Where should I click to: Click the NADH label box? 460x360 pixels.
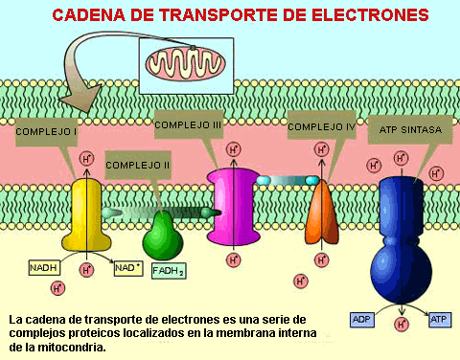click(44, 267)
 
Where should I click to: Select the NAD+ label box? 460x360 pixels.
click(128, 268)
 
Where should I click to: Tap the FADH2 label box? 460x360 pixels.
click(169, 271)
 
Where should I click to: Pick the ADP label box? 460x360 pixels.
click(362, 320)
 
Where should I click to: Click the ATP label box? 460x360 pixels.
click(440, 320)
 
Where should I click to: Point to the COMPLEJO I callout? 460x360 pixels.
click(47, 132)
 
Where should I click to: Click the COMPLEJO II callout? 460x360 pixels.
click(138, 165)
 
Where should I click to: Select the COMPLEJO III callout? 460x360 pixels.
click(189, 124)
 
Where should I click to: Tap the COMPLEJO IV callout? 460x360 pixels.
click(322, 126)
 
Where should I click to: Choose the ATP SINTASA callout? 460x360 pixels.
click(410, 130)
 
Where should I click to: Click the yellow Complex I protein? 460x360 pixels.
click(86, 215)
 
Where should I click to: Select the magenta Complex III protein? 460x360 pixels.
click(233, 207)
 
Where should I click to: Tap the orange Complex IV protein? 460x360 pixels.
click(322, 214)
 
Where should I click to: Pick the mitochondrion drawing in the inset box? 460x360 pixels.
click(186, 63)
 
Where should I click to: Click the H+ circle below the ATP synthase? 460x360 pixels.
click(402, 324)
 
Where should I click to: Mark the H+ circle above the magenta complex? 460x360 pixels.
click(234, 149)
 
